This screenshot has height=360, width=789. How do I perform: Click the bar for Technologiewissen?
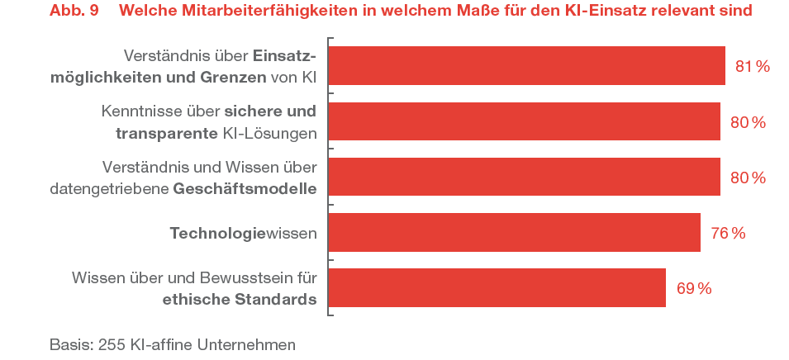[514, 233]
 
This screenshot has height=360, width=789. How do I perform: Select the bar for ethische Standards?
[497, 288]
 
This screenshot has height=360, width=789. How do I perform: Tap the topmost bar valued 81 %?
[526, 66]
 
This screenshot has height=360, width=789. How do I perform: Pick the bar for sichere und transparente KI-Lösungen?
[524, 121]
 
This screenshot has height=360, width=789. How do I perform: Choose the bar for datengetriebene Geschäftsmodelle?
[524, 178]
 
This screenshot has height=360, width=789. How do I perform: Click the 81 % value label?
[752, 67]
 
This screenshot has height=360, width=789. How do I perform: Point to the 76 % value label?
[728, 234]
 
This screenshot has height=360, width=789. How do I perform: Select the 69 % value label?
[694, 289]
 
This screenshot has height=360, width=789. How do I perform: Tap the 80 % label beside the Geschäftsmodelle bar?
[748, 178]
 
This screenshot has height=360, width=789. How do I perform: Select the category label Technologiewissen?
[243, 234]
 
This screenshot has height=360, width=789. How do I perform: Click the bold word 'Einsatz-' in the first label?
[284, 56]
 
